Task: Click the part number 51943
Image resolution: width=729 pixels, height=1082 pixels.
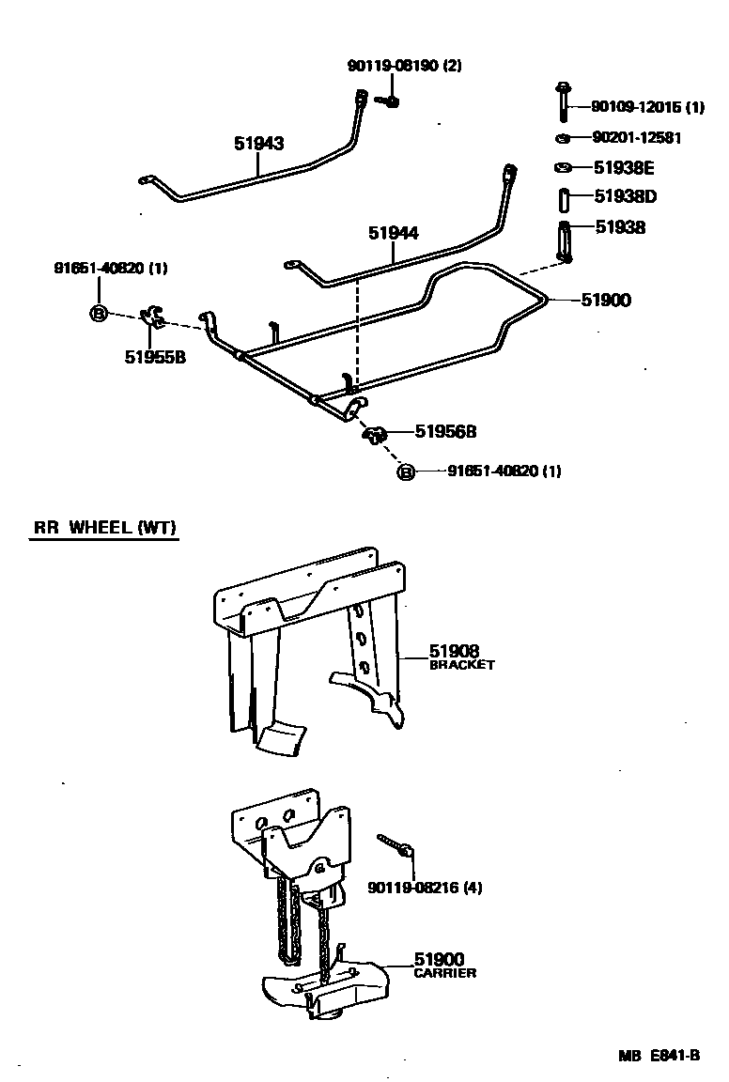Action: [258, 144]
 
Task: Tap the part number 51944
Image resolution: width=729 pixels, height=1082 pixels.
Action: [393, 233]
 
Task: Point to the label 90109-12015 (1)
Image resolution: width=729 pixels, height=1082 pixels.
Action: [647, 107]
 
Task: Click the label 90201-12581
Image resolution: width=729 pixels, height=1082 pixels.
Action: [636, 138]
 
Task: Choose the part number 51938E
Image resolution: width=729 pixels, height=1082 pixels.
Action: [625, 168]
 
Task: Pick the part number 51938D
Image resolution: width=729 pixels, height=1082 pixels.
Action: [625, 197]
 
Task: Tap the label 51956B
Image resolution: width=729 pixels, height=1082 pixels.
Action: [446, 432]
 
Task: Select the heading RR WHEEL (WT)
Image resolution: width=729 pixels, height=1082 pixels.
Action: [105, 528]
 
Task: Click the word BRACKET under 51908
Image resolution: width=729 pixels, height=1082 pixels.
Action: [461, 665]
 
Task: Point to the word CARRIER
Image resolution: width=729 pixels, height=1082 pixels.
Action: [444, 973]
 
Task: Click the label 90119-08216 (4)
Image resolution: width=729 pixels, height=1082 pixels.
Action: [425, 887]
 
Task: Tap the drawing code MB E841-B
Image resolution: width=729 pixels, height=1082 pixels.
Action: [659, 1055]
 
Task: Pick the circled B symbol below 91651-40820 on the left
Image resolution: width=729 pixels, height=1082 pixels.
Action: [98, 314]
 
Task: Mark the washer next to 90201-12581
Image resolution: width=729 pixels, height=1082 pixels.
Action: [562, 139]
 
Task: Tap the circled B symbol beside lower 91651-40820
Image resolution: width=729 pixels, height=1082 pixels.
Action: [406, 471]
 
